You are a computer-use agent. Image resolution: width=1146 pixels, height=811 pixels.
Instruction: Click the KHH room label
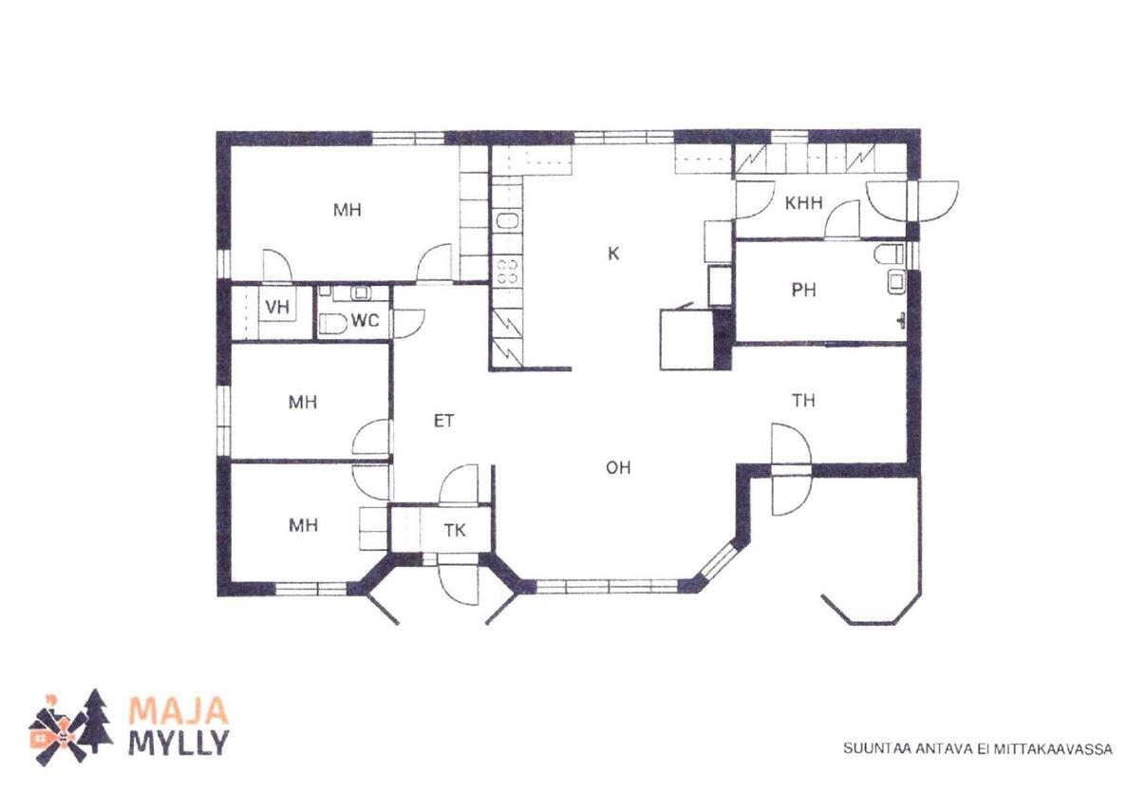(804, 203)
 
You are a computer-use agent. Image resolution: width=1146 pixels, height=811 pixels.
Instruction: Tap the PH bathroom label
(804, 291)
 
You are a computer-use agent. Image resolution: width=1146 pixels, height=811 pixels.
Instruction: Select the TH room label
(803, 401)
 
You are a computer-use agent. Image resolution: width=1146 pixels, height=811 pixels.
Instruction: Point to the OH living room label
(618, 467)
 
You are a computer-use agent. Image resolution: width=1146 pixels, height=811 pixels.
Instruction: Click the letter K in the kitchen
(613, 254)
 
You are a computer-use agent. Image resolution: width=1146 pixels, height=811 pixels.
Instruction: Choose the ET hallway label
(443, 421)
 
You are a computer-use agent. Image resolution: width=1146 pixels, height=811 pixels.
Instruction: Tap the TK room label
(455, 531)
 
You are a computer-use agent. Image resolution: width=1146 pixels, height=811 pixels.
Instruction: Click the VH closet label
(278, 307)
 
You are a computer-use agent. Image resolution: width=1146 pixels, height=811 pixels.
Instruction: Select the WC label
(366, 321)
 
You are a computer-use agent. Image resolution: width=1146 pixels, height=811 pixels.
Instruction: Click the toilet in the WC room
(333, 324)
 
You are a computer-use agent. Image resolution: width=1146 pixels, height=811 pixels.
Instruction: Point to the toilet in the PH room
(890, 255)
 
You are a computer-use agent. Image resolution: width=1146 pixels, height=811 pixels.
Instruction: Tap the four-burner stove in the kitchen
(508, 272)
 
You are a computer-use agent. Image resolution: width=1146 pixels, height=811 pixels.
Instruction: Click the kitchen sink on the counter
(508, 221)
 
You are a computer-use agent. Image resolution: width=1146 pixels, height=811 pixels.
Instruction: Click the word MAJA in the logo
(178, 709)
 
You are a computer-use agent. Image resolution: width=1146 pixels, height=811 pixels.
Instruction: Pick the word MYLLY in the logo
(178, 743)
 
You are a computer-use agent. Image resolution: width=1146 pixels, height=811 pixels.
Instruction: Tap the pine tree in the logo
(96, 722)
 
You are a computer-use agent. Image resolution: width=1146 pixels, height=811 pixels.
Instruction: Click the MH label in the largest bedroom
(348, 210)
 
